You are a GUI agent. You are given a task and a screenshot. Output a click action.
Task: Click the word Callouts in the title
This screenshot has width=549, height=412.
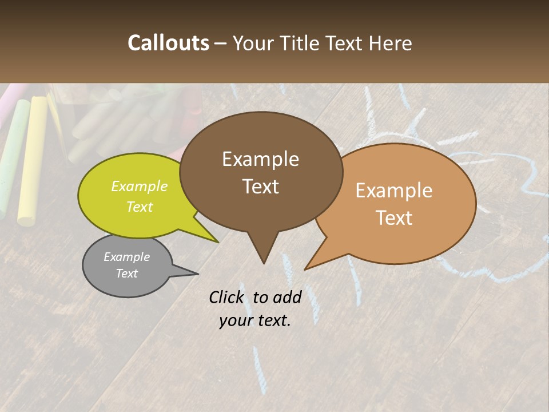point(168,43)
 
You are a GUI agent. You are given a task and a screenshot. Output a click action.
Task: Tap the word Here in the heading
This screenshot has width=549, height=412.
point(389,43)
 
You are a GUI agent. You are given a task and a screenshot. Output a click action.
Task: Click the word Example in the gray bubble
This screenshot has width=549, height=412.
point(126,257)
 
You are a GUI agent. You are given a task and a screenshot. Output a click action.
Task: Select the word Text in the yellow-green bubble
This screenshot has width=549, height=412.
point(139,207)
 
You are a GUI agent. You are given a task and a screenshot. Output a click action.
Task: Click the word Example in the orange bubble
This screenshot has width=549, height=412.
point(394,191)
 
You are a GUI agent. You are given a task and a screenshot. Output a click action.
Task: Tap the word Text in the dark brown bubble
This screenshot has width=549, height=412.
point(260,187)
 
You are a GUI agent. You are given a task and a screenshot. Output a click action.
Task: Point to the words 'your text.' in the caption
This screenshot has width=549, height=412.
point(255,320)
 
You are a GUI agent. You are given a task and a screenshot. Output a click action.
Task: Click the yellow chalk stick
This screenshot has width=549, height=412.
point(32,160)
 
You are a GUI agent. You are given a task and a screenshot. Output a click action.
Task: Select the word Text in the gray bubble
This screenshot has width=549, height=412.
point(126,274)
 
